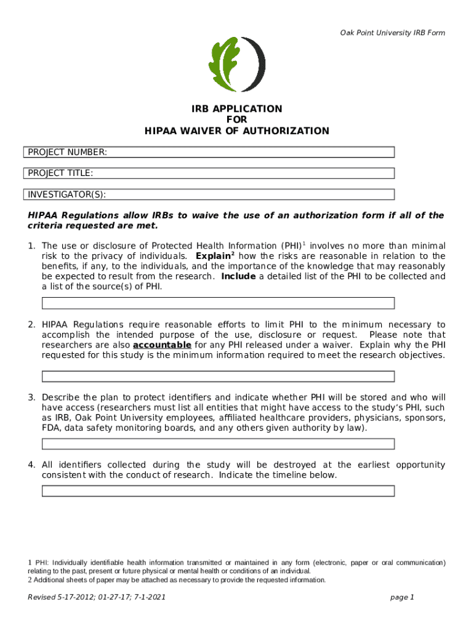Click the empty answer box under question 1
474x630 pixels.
[x=217, y=303]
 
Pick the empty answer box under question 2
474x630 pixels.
[x=217, y=377]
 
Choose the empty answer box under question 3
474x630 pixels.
[x=217, y=444]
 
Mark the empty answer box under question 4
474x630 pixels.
[x=217, y=490]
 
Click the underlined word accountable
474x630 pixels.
[x=162, y=345]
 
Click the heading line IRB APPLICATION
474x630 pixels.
[x=237, y=109]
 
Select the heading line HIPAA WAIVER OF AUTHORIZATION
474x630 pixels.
[x=237, y=131]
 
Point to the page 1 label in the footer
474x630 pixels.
[x=403, y=597]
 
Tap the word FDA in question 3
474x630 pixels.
[x=51, y=428]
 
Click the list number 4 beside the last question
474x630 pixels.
[x=31, y=465]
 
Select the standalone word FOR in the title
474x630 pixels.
[x=237, y=120]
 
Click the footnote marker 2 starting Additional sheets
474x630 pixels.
[x=30, y=580]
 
